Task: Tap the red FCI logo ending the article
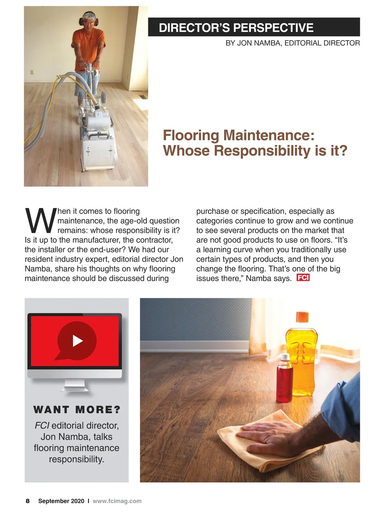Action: (x=303, y=278)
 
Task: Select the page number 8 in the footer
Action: (x=28, y=501)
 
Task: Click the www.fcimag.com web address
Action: (x=117, y=501)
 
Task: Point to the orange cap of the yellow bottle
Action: (x=302, y=317)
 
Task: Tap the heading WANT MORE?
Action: (x=77, y=409)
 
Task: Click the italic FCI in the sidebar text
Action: (x=42, y=425)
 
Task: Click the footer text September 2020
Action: (x=61, y=501)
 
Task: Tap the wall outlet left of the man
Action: (x=32, y=72)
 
